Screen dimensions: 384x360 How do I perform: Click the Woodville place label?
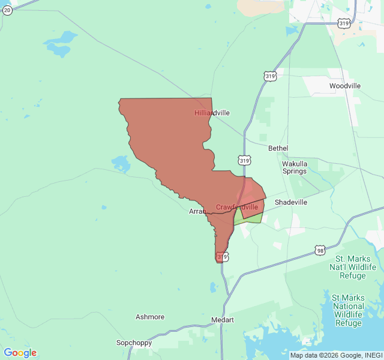[x=345, y=86]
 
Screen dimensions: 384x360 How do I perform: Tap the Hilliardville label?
[x=212, y=113]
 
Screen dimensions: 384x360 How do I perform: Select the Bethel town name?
[x=278, y=148]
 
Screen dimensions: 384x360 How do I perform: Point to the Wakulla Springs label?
[x=295, y=167]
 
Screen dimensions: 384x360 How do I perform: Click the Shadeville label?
[x=291, y=202]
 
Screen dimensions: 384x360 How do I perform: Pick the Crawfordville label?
[x=237, y=207]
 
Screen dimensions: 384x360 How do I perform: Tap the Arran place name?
[x=197, y=211]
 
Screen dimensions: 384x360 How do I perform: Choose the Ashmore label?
[x=150, y=317]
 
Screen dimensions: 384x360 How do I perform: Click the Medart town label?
[x=223, y=320]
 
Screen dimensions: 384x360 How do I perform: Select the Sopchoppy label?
[x=134, y=343]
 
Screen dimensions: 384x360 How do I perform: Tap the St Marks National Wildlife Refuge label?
[x=348, y=310]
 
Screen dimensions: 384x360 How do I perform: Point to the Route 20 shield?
[x=7, y=10]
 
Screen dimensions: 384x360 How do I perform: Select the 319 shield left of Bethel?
[x=244, y=160]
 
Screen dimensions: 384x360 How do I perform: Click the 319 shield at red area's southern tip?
[x=222, y=257]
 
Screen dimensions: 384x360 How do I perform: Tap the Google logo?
[x=20, y=353]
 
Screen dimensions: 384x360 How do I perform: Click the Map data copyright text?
[x=336, y=355]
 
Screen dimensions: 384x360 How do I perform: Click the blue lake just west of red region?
[x=121, y=163]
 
